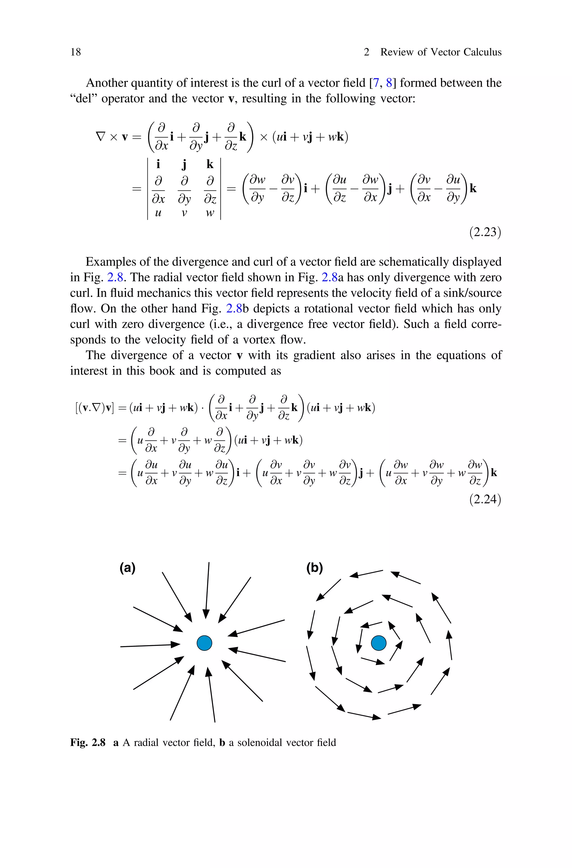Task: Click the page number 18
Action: click(x=75, y=52)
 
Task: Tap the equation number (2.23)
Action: click(x=485, y=232)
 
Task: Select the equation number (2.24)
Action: click(x=485, y=499)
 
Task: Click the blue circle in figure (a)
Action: click(x=204, y=643)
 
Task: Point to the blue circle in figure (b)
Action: click(x=379, y=643)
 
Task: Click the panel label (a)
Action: click(x=128, y=568)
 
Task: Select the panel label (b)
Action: click(x=314, y=568)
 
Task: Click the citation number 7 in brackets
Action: click(x=376, y=83)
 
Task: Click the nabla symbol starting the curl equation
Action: click(x=100, y=137)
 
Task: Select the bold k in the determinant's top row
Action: click(x=210, y=164)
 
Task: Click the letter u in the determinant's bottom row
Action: click(x=158, y=213)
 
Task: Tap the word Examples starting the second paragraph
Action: click(x=110, y=262)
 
